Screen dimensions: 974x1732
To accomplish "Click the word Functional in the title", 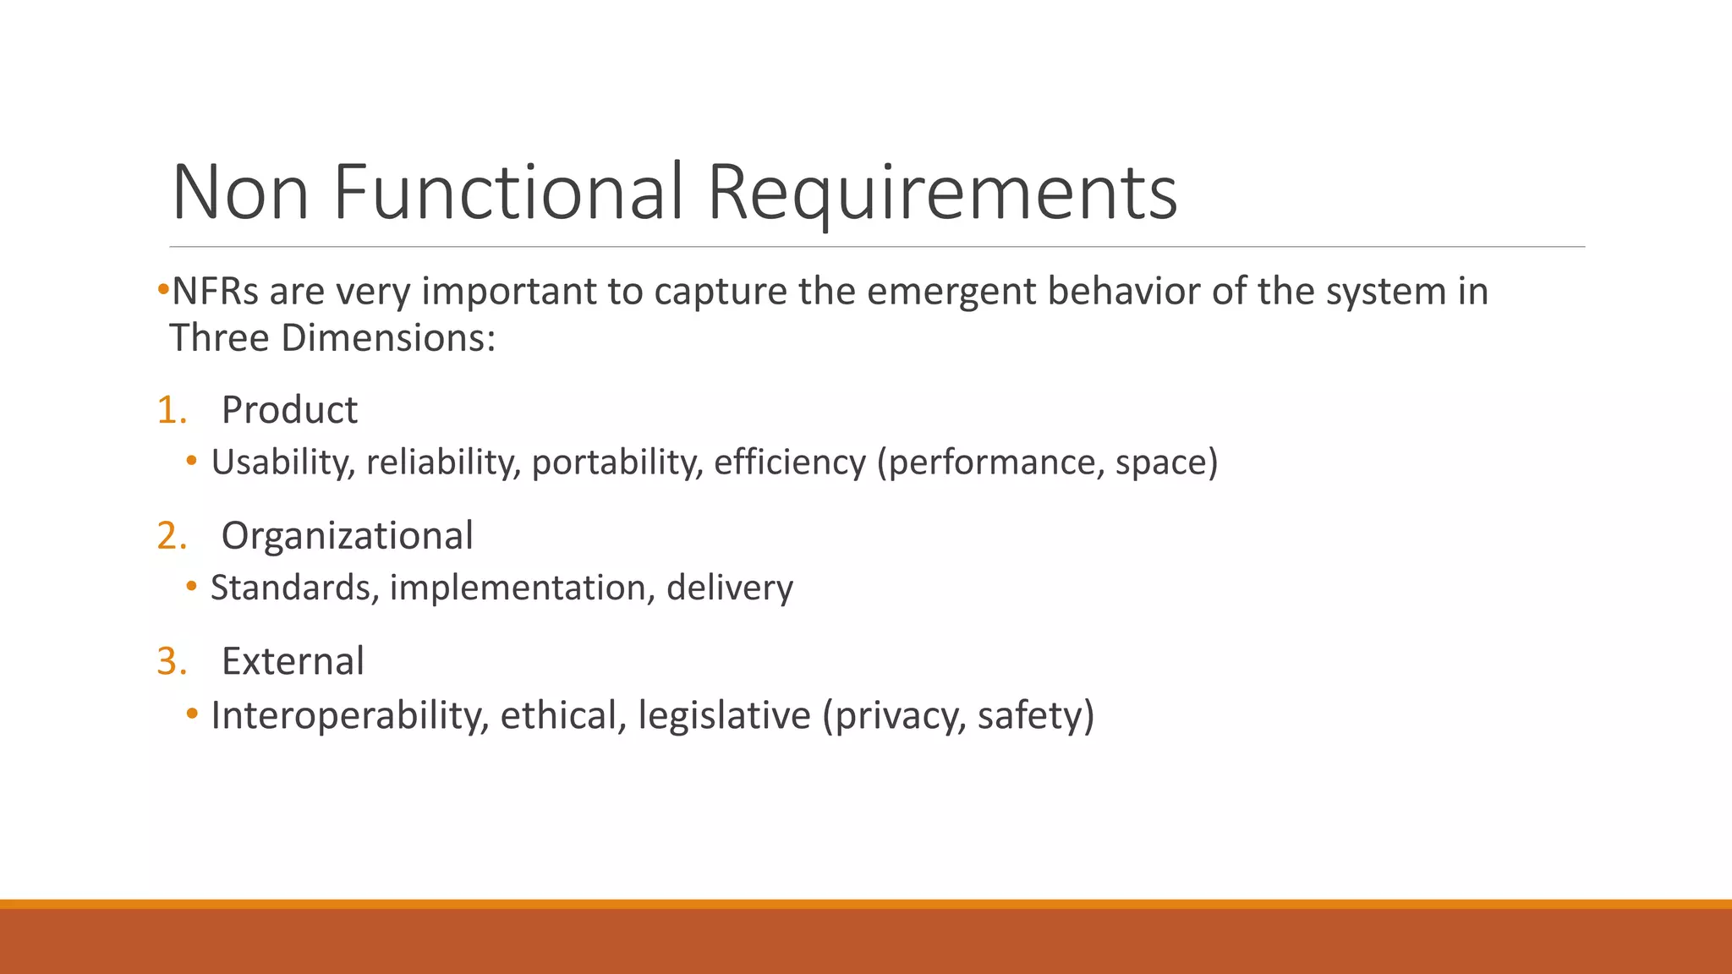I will pyautogui.click(x=507, y=193).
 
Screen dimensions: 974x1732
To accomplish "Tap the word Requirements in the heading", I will pyautogui.click(x=941, y=193).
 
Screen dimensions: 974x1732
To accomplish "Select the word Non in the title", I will pyautogui.click(x=240, y=193).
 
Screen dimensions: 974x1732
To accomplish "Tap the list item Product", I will pyautogui.click(x=289, y=410).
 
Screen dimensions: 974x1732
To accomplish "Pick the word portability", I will pyautogui.click(x=617, y=462).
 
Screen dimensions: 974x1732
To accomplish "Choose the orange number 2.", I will pyautogui.click(x=172, y=536).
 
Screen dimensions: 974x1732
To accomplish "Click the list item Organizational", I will pyautogui.click(x=347, y=536).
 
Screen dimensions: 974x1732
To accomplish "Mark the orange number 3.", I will pyautogui.click(x=172, y=661).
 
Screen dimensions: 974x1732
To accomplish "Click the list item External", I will pyautogui.click(x=293, y=661).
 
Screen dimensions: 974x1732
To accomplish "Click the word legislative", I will pyautogui.click(x=724, y=715).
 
